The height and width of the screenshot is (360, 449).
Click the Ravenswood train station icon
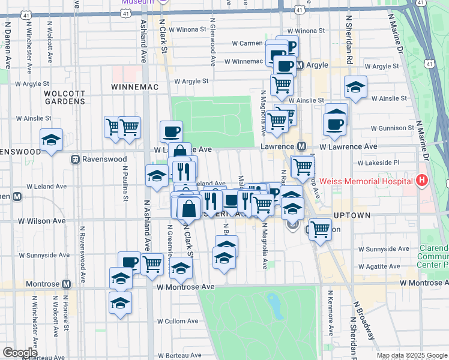pyautogui.click(x=76, y=160)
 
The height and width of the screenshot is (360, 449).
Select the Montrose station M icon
pyautogui.click(x=65, y=283)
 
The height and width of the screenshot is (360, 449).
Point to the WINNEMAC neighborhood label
pyautogui.click(x=134, y=87)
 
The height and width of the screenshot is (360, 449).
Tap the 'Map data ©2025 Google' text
pyautogui.click(x=411, y=355)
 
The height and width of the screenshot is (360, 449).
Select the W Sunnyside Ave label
pyautogui.click(x=386, y=248)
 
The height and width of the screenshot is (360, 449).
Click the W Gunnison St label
pyautogui.click(x=392, y=128)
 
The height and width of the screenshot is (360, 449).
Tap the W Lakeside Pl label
pyautogui.click(x=379, y=163)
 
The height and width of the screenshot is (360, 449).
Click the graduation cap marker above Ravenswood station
pyautogui.click(x=52, y=140)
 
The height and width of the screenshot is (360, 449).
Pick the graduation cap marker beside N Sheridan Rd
pyautogui.click(x=355, y=87)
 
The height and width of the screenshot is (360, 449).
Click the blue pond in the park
pyautogui.click(x=276, y=307)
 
